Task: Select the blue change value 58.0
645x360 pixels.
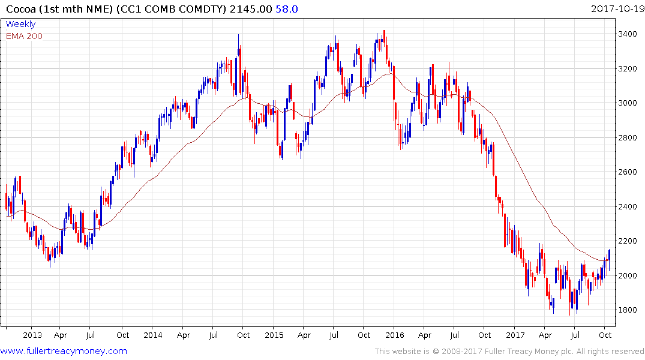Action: [287, 9]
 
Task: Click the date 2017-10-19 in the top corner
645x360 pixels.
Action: [616, 9]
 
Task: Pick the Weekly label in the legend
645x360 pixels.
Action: [20, 24]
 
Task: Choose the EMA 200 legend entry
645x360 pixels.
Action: [24, 35]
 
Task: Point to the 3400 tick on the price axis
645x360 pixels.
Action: [628, 34]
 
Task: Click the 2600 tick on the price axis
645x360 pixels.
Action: [628, 172]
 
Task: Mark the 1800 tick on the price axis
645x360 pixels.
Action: [628, 310]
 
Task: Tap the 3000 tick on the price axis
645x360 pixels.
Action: [628, 103]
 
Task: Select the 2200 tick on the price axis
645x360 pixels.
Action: [628, 241]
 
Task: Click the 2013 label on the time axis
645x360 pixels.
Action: [32, 335]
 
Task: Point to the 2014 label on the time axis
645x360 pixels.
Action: [152, 335]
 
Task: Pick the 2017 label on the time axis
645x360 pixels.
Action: [515, 335]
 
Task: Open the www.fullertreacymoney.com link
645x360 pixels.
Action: [64, 351]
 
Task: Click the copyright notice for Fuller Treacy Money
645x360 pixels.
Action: [509, 352]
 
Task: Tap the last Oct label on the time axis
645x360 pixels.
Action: [605, 335]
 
